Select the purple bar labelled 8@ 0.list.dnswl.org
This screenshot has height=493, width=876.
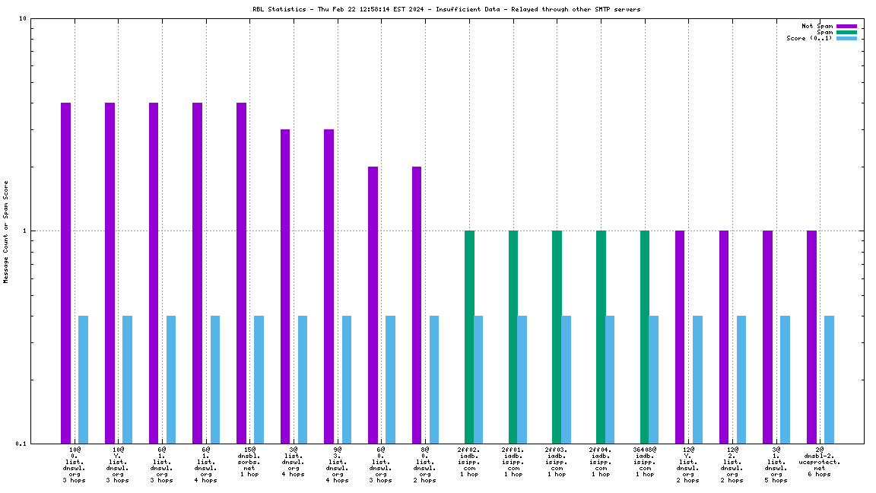point(417,304)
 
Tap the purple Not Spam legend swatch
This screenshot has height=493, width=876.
point(846,26)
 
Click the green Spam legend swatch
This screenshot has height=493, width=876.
point(846,32)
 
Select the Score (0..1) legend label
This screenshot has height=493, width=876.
point(809,38)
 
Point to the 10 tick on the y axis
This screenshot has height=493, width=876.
point(22,19)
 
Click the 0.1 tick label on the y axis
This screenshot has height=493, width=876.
point(21,444)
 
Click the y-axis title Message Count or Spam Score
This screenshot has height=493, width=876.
point(6,231)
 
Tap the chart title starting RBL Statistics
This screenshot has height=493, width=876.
point(446,9)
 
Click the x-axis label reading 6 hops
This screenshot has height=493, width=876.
point(820,474)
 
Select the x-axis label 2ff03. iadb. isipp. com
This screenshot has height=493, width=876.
point(557,462)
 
